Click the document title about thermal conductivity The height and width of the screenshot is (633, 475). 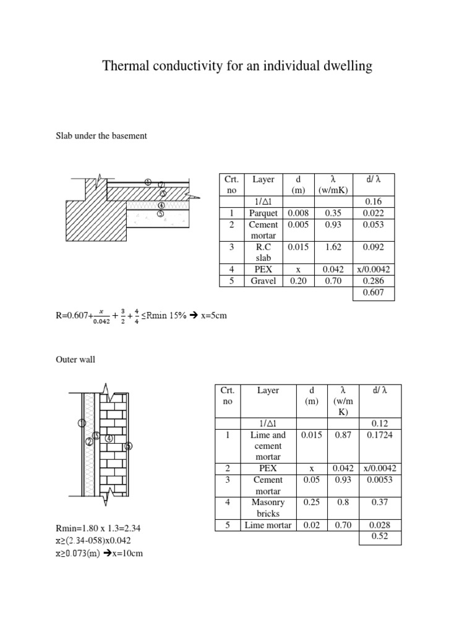(x=237, y=66)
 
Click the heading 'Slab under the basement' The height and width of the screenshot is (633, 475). (x=101, y=135)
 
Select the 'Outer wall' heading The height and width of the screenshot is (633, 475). (x=75, y=359)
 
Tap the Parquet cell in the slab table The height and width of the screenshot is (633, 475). (x=263, y=213)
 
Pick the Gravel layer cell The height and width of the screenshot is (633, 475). (x=263, y=281)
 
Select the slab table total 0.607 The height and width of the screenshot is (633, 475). (x=373, y=292)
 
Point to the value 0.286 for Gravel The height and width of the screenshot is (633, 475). (x=373, y=281)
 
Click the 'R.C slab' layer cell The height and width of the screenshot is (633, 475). (x=263, y=252)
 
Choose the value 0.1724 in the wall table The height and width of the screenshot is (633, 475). (x=380, y=435)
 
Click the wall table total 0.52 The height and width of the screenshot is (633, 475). (x=380, y=536)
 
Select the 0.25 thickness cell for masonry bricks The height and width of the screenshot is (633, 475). (x=311, y=503)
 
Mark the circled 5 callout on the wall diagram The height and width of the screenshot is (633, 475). (x=129, y=446)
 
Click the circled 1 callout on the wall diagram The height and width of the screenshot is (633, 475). (x=82, y=423)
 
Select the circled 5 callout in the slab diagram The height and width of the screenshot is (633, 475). (x=160, y=214)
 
